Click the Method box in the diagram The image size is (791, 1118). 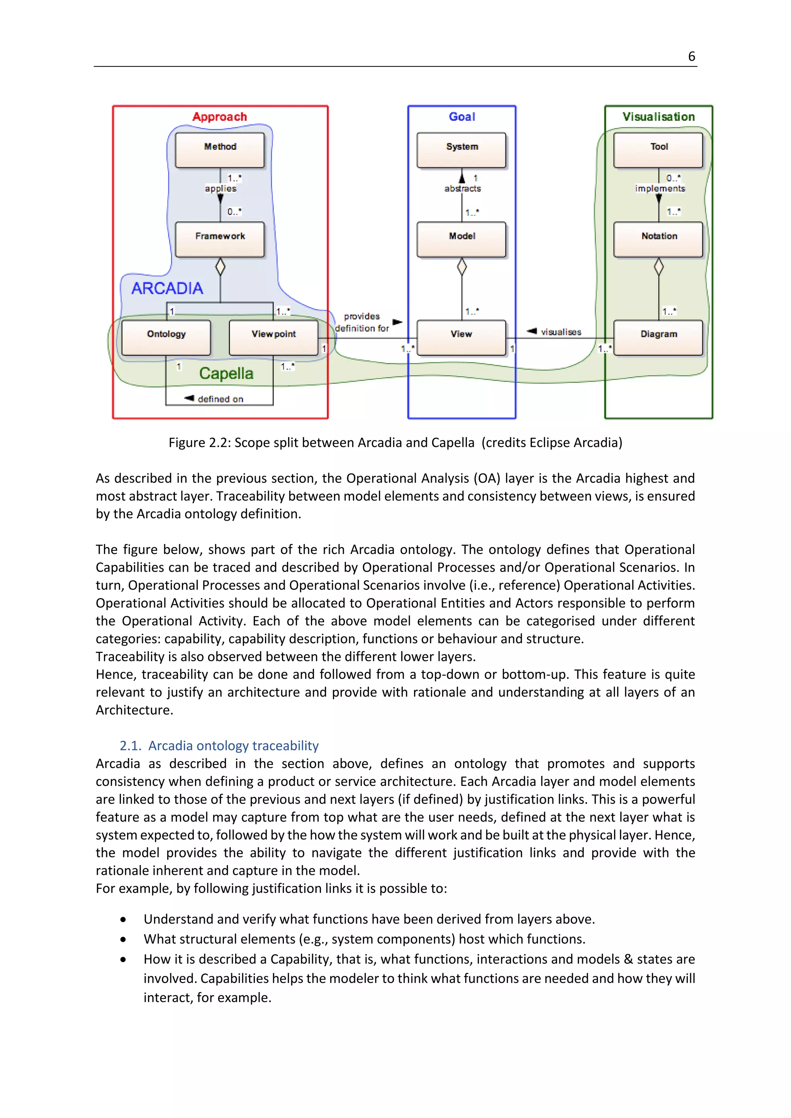click(x=220, y=150)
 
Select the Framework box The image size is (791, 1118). click(x=220, y=239)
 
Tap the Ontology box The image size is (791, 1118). click(x=166, y=337)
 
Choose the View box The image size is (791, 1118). click(x=461, y=337)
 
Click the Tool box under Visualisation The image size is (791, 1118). click(x=658, y=150)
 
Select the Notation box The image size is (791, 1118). click(x=658, y=239)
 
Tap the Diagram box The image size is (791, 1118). click(x=658, y=337)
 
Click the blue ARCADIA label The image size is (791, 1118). click(x=167, y=288)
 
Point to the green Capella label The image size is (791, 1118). click(x=226, y=373)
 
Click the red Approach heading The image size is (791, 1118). click(x=220, y=117)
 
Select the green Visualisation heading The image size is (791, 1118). click(x=658, y=117)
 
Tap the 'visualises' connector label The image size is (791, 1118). click(x=561, y=332)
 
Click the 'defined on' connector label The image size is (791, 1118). click(x=220, y=399)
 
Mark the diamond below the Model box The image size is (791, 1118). click(x=462, y=267)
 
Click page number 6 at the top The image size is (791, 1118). click(x=691, y=57)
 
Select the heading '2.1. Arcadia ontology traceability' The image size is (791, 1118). click(x=219, y=745)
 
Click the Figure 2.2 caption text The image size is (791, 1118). click(x=395, y=443)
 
